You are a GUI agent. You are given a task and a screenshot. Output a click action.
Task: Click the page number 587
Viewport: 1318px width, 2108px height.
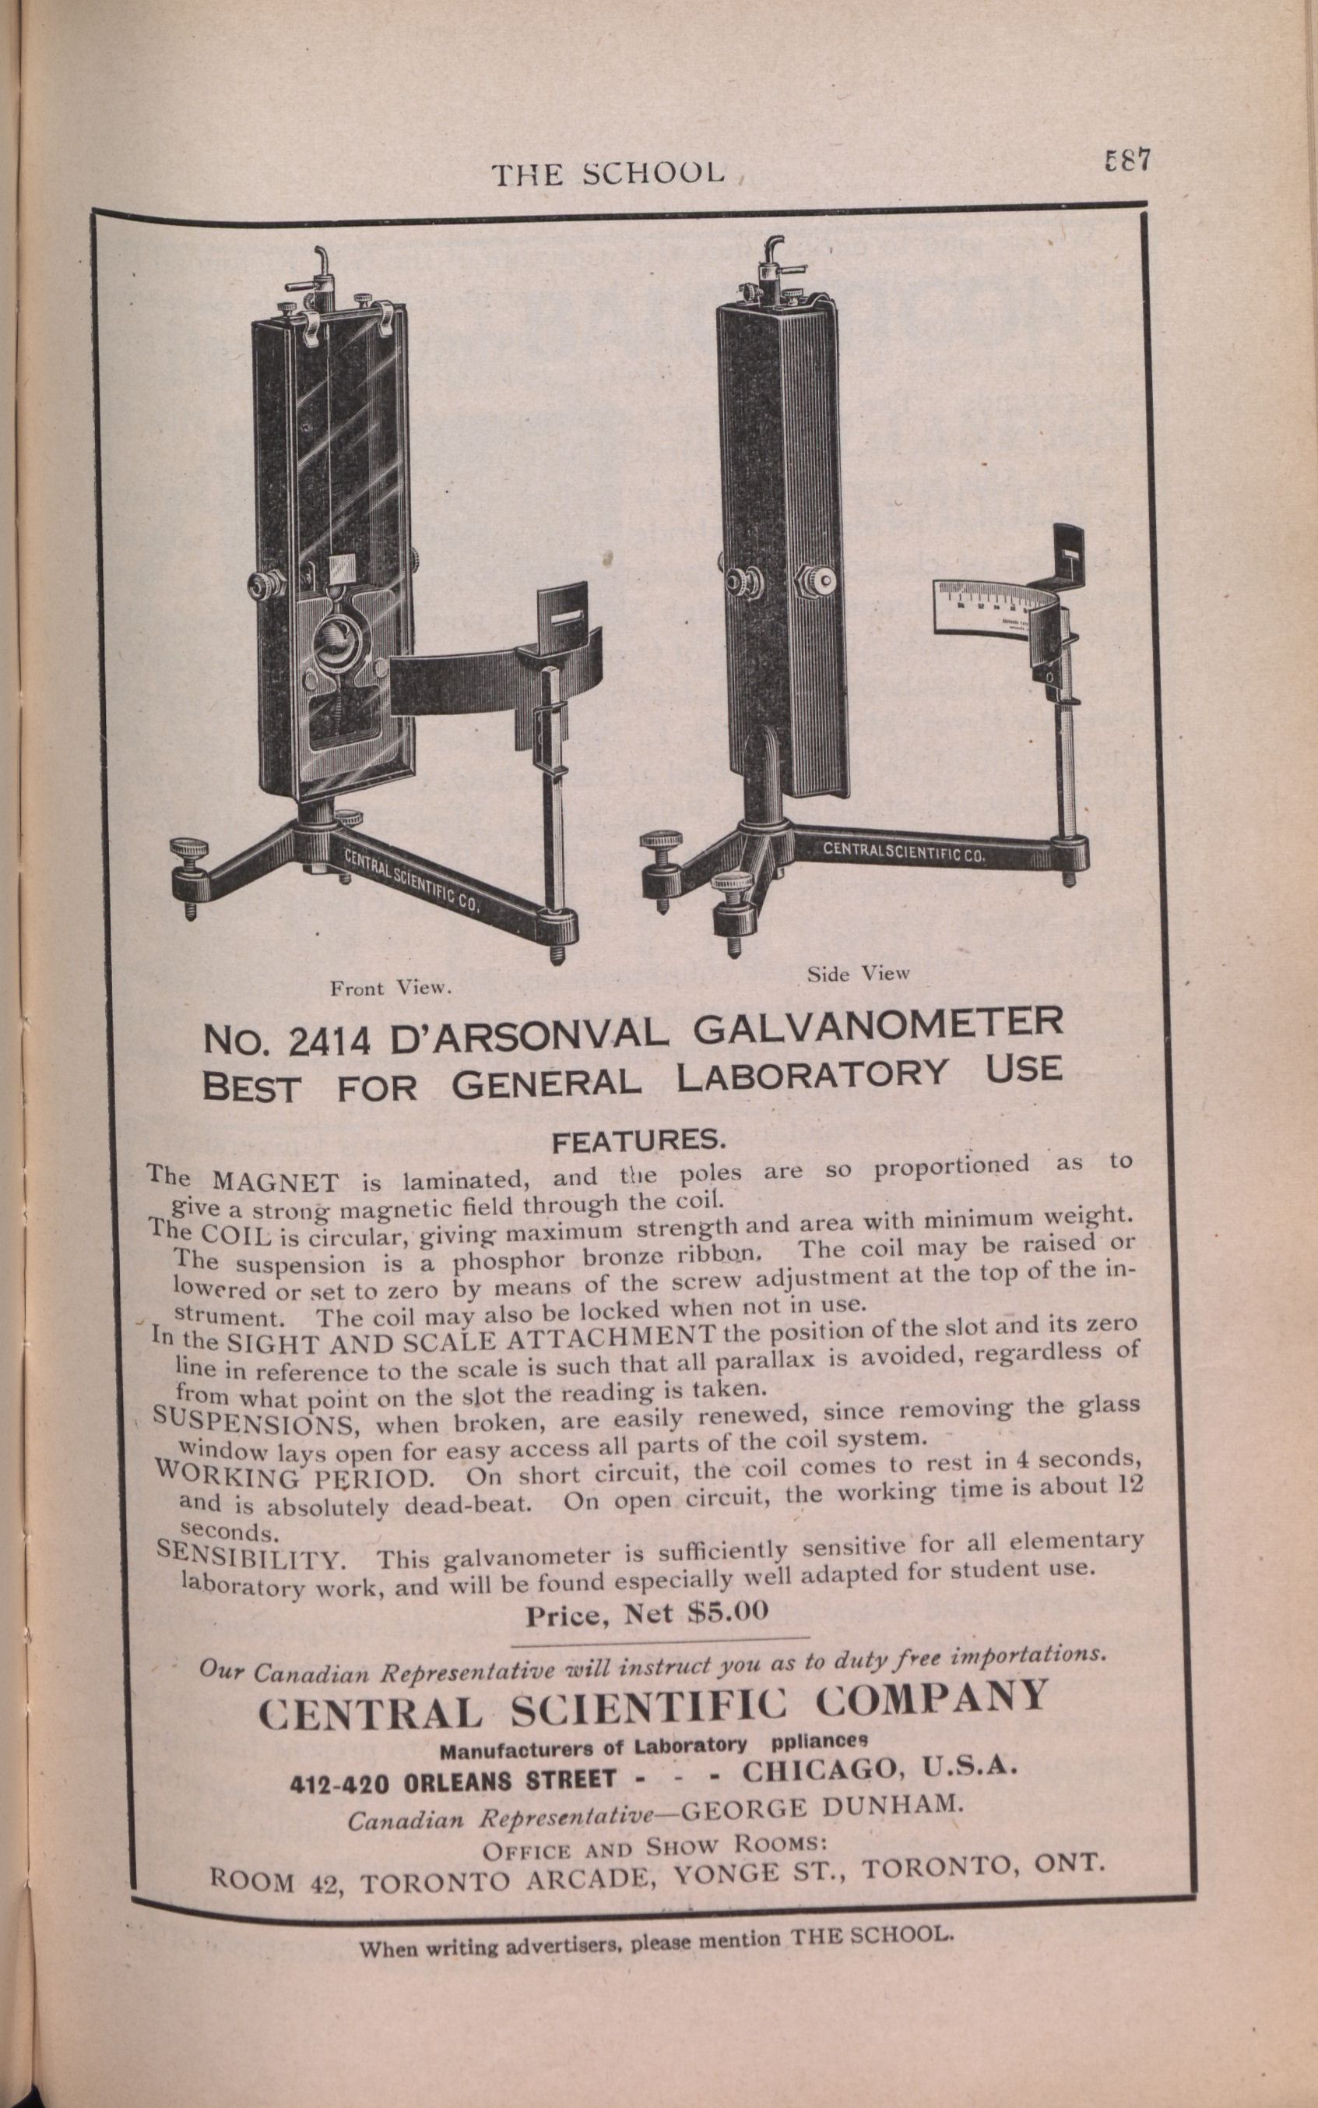click(x=1126, y=160)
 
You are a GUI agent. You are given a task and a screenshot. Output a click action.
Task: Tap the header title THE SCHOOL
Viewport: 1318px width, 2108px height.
click(x=607, y=174)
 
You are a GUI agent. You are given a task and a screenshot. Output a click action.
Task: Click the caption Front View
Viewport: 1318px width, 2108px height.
click(x=388, y=988)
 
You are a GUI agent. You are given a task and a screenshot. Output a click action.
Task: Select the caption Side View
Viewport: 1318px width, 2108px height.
click(x=857, y=973)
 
